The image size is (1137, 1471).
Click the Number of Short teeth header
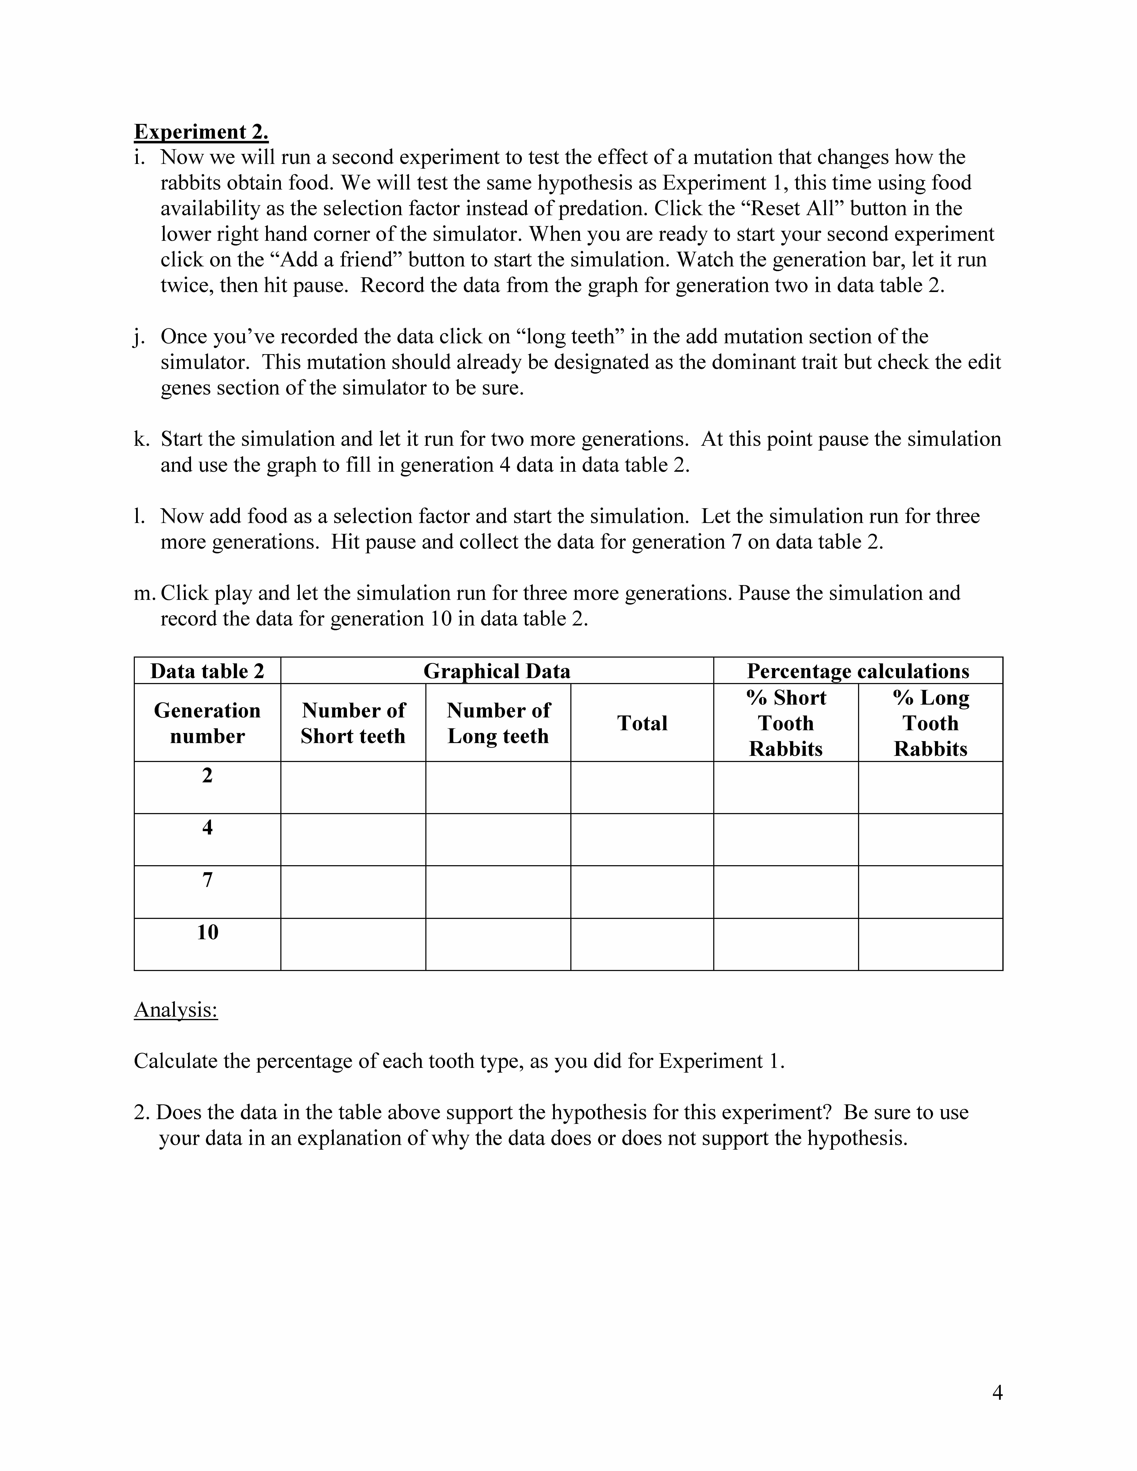pos(353,723)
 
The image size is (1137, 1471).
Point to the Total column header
pos(642,723)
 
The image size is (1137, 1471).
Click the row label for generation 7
pos(207,880)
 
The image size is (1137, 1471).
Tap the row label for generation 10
pos(207,932)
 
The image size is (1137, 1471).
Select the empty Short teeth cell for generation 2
pos(353,787)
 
